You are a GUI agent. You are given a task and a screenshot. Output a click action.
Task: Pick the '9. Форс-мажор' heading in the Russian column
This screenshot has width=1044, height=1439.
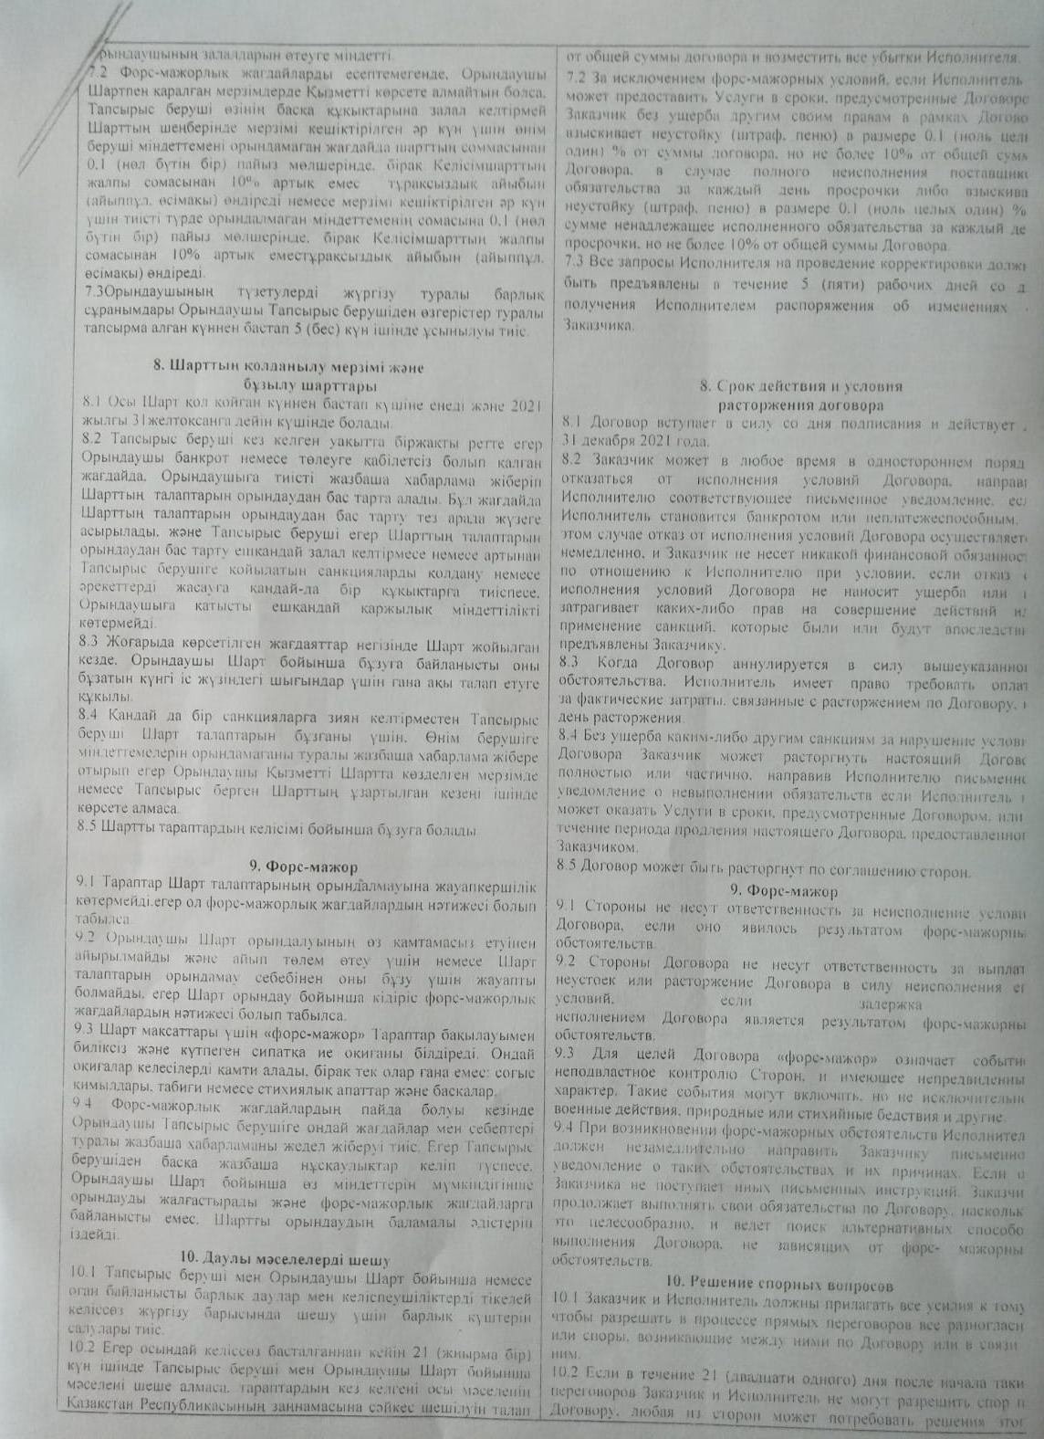tap(791, 888)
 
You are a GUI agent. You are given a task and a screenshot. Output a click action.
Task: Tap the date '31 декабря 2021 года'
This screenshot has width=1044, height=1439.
tap(629, 441)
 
